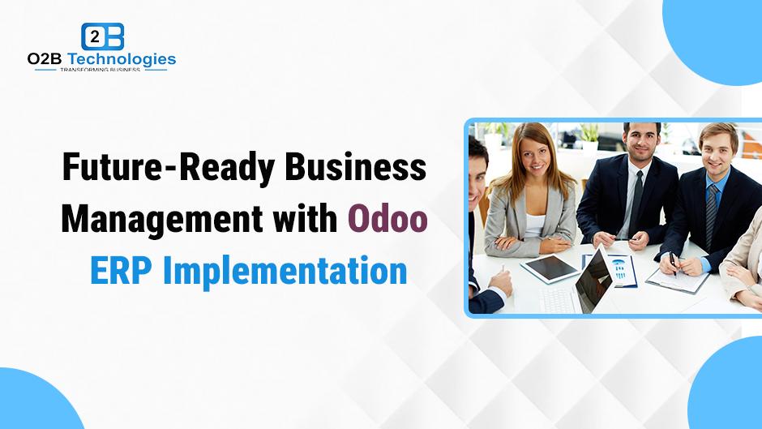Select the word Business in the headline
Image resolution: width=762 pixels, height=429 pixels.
pos(355,166)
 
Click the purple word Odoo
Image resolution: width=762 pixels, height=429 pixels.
pos(387,219)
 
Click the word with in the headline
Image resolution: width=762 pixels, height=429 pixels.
pos(305,218)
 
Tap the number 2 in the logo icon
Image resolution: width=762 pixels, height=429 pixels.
pos(96,36)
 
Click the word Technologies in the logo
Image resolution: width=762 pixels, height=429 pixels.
pos(121,59)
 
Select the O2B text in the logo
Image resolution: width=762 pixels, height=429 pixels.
pos(45,59)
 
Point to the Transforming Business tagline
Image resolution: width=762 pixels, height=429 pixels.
pos(100,70)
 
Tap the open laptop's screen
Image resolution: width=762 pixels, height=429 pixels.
pos(593,281)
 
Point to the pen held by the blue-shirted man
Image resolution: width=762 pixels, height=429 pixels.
pos(673,263)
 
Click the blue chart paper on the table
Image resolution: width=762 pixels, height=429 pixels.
pos(615,270)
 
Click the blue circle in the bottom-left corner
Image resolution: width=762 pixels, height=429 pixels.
pos(34,401)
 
